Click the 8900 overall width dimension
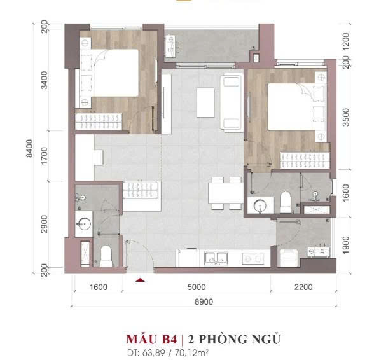coord(204,301)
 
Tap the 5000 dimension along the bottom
coord(197,287)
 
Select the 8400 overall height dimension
coord(29,148)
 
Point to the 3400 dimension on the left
coord(45,80)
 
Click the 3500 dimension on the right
coord(345,117)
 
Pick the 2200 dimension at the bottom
coord(303,287)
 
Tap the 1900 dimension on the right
coord(345,245)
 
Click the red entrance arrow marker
coord(140,280)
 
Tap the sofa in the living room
coord(232,102)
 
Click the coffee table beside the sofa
coord(205,102)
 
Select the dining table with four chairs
coord(226,193)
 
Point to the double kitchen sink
coord(216,258)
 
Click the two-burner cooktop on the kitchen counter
coord(253,258)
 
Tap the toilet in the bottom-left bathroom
coord(106,256)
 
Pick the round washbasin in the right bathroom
coord(260,206)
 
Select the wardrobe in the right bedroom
coord(305,160)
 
